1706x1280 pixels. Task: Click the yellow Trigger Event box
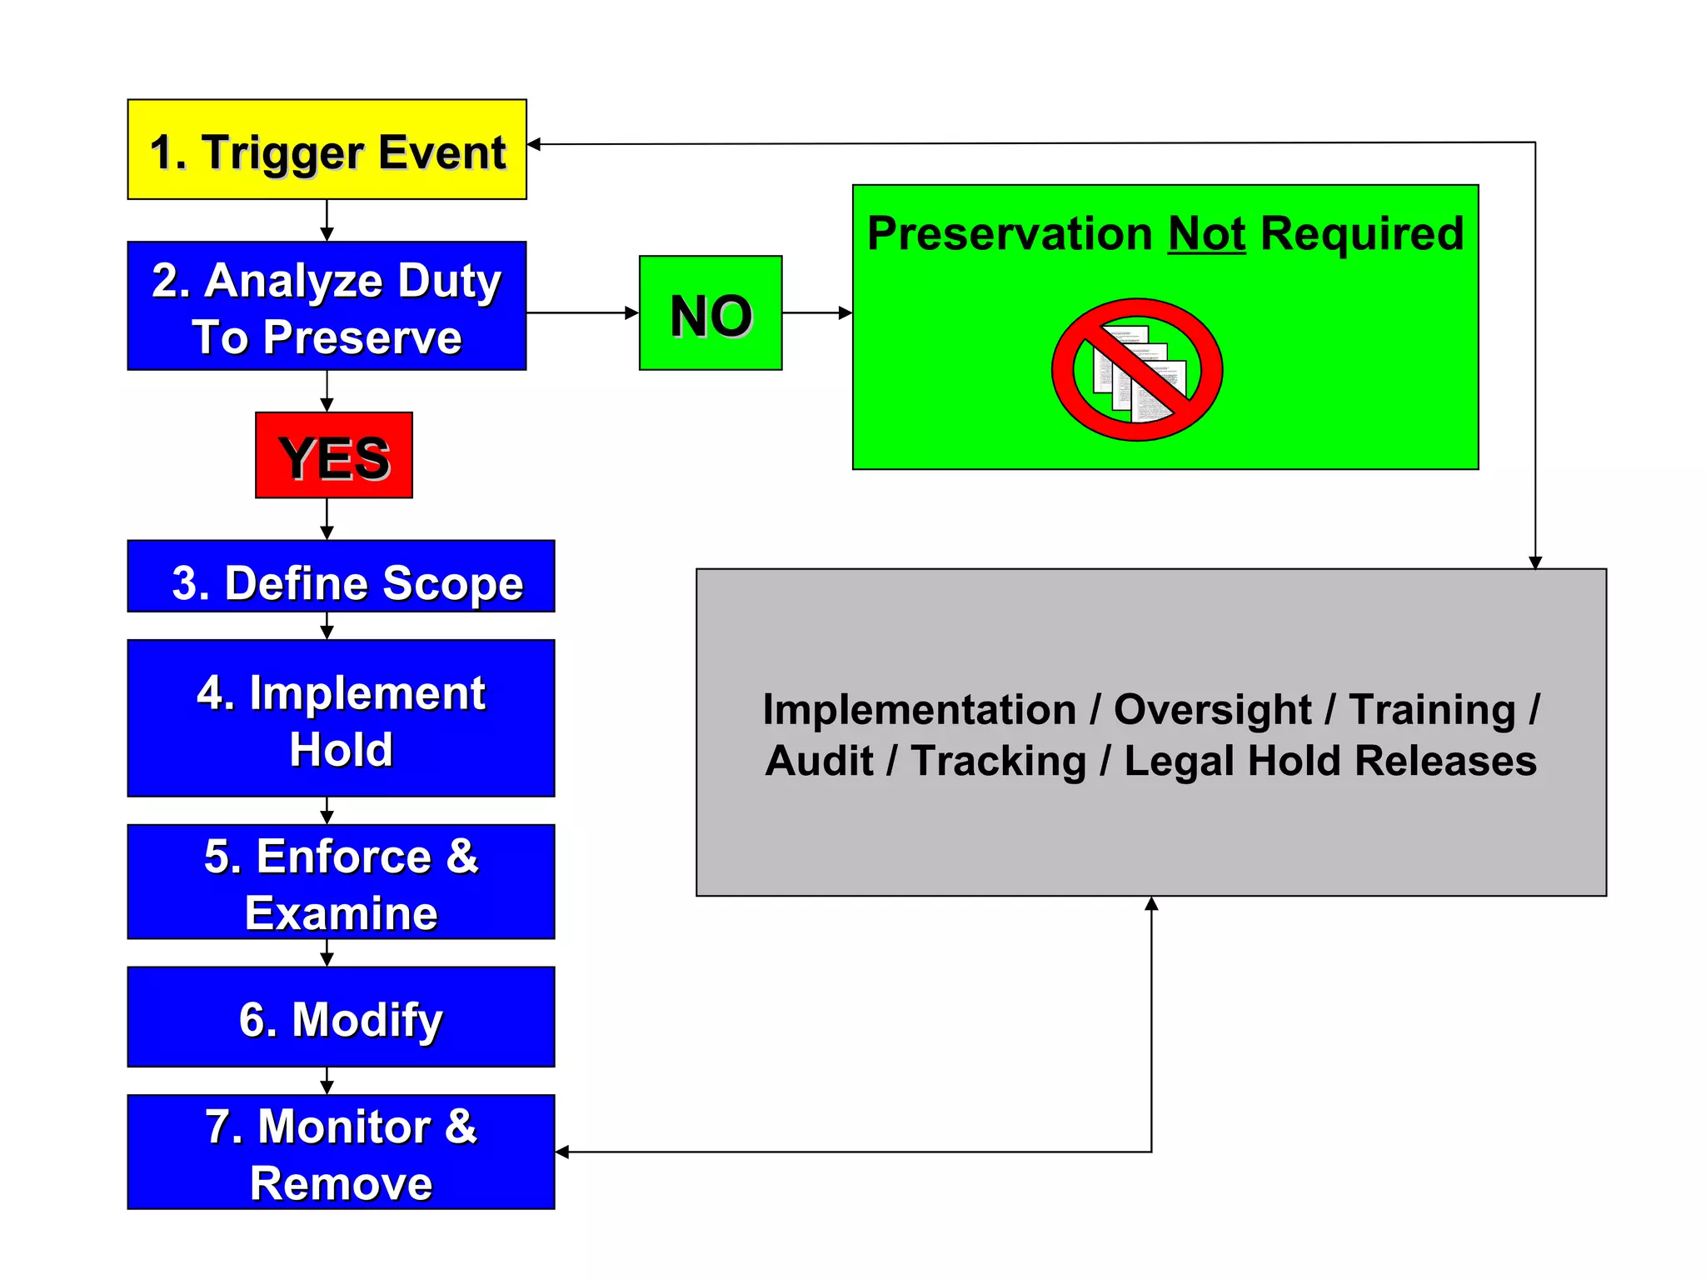click(327, 150)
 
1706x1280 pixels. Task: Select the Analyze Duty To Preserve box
click(327, 306)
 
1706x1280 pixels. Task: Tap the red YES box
click(333, 456)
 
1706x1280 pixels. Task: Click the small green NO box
click(711, 313)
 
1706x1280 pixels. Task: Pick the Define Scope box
click(341, 577)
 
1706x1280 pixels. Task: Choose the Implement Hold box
click(341, 718)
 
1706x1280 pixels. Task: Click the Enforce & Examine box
click(341, 882)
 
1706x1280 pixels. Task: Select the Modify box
click(341, 1017)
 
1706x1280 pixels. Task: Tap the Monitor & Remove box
click(341, 1152)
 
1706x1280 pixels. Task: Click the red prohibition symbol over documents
click(1137, 370)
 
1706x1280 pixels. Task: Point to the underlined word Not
click(1206, 234)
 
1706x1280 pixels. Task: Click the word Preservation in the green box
click(1009, 234)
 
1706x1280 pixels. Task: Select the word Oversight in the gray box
click(1212, 710)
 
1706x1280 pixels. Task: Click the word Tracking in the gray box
click(998, 761)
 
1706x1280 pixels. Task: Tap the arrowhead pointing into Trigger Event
click(535, 144)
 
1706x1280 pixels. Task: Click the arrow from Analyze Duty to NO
click(582, 313)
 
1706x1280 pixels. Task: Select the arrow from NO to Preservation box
click(817, 313)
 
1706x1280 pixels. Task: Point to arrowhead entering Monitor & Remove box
click(562, 1152)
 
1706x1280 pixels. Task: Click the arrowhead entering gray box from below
click(1151, 904)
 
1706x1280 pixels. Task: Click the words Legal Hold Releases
click(1329, 761)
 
